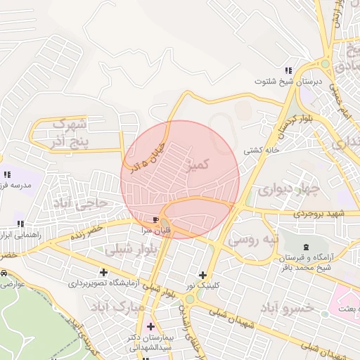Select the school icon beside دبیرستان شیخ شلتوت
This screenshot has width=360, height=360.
288,70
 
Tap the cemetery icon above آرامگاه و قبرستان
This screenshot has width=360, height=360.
305,247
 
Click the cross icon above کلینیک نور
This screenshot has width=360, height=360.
203,275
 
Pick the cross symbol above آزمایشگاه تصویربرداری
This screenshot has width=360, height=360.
104,272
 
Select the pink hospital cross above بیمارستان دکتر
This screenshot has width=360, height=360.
150,327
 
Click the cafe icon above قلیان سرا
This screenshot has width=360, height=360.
155,220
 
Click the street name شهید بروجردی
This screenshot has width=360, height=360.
321,213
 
